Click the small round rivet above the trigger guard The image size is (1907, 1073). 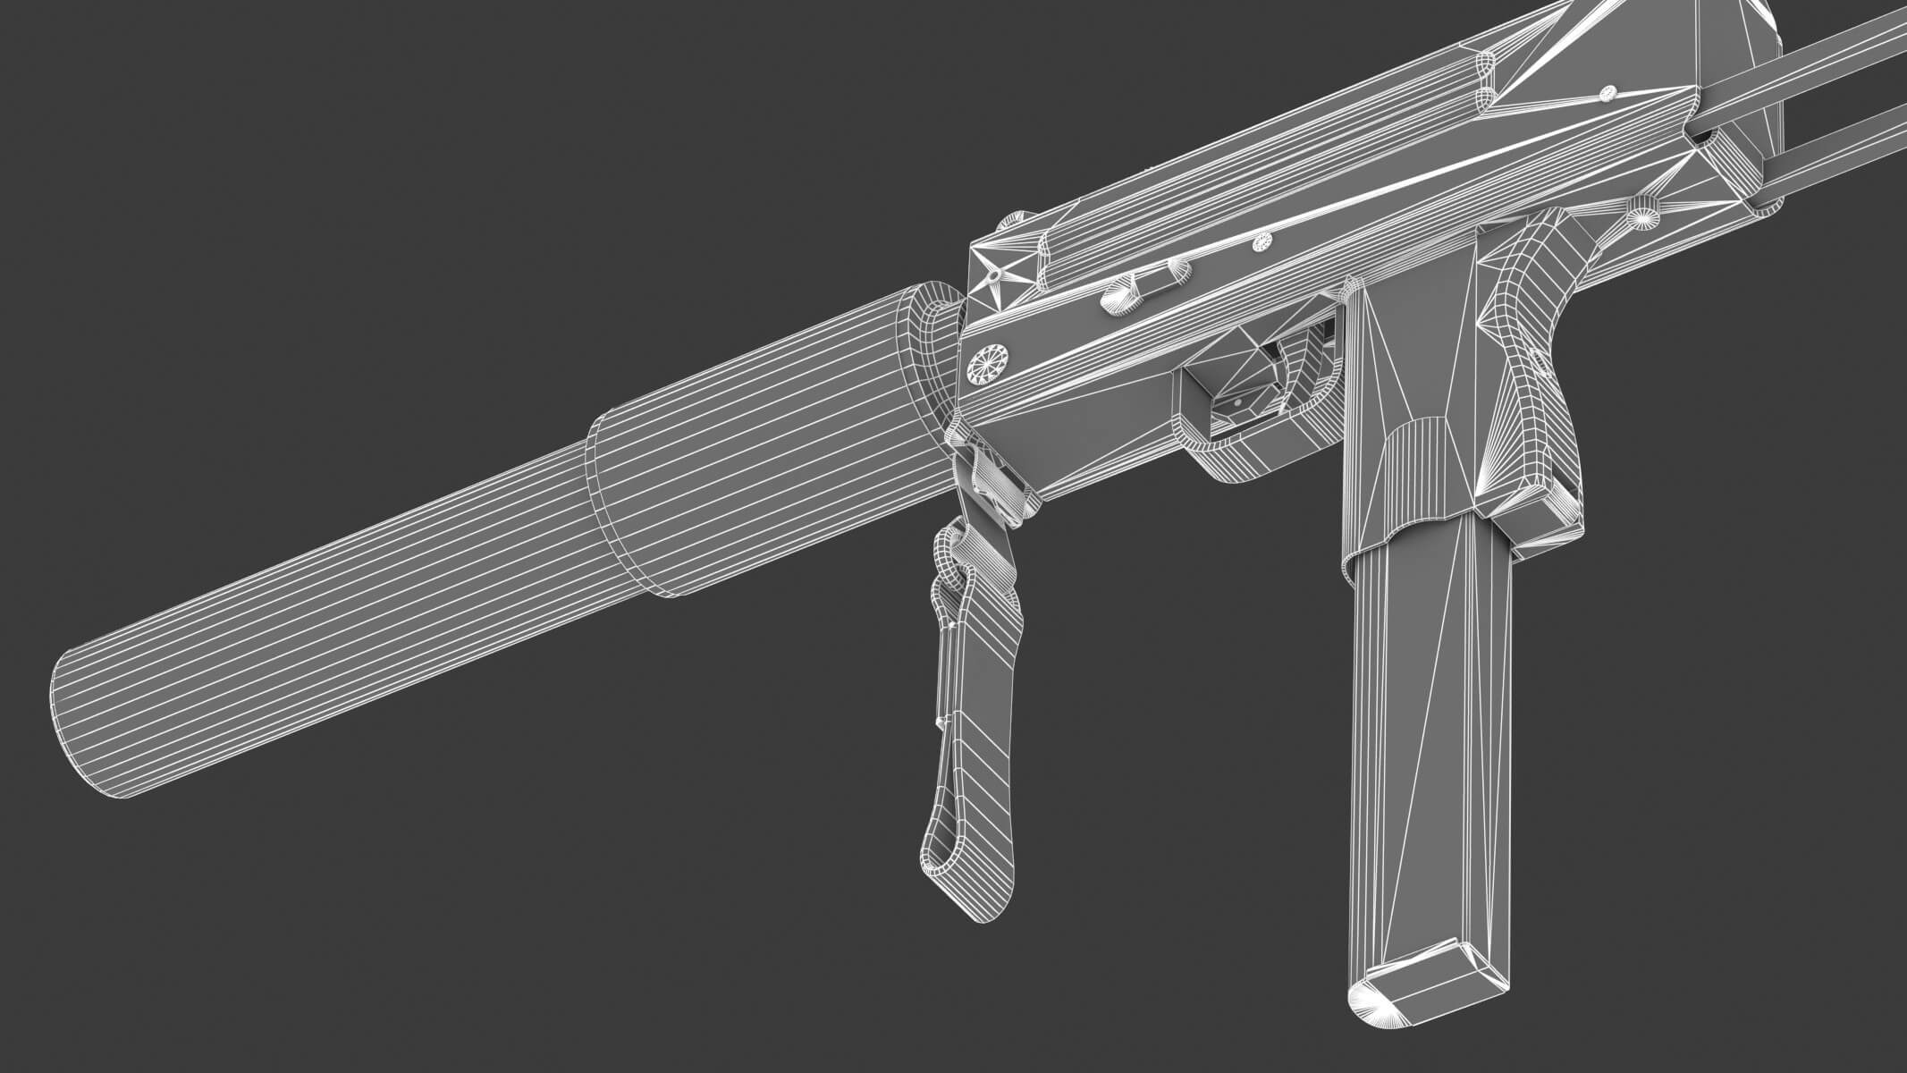(1261, 241)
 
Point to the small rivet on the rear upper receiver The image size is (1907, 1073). (1607, 91)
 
